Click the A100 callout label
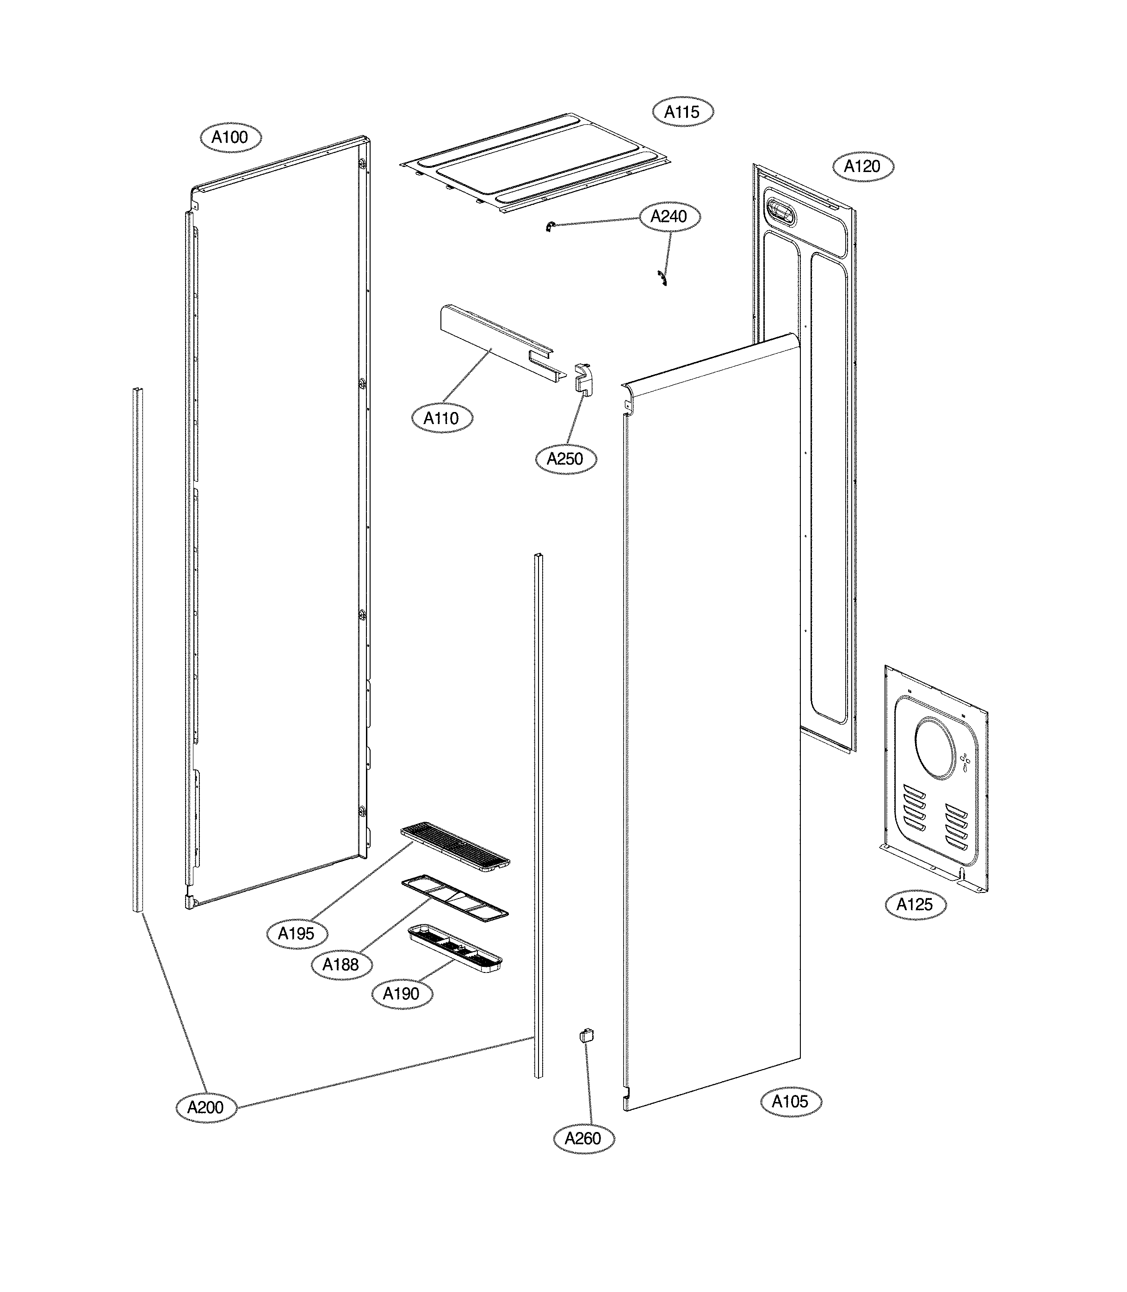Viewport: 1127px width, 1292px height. pyautogui.click(x=230, y=137)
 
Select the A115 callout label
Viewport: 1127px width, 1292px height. pyautogui.click(x=682, y=112)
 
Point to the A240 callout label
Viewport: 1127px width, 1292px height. pyautogui.click(x=669, y=216)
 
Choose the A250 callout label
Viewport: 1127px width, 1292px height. pyautogui.click(x=565, y=459)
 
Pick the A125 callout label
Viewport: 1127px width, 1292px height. pyautogui.click(x=915, y=904)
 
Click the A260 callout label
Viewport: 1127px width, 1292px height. pyautogui.click(x=583, y=1138)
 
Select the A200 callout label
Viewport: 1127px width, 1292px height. pyautogui.click(x=206, y=1107)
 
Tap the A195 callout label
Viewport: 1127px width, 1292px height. pyautogui.click(x=296, y=934)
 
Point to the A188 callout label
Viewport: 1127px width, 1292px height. pyautogui.click(x=341, y=964)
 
